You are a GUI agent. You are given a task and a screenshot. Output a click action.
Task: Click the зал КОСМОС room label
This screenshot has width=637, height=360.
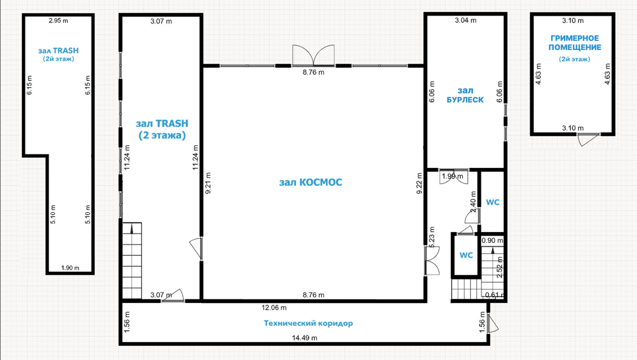point(311,182)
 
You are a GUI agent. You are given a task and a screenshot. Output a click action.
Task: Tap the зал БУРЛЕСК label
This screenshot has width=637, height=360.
point(465,95)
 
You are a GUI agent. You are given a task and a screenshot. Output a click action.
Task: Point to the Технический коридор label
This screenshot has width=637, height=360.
point(308,323)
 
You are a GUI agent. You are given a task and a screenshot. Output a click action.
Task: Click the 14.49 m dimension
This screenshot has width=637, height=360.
point(305,338)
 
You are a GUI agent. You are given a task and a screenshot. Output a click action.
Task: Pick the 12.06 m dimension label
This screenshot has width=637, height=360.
point(274,308)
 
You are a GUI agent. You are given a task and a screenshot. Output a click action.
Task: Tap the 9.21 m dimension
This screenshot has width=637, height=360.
point(208,183)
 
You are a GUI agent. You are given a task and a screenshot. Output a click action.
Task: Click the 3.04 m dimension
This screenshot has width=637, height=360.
point(465,20)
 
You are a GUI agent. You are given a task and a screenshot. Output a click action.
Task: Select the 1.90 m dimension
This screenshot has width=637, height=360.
point(70,268)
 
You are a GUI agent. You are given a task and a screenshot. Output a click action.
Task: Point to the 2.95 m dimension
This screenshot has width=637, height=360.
point(58,20)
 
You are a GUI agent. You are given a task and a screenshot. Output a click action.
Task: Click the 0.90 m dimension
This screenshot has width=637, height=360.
point(492,241)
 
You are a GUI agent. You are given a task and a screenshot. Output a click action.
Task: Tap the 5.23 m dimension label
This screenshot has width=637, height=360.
point(432,237)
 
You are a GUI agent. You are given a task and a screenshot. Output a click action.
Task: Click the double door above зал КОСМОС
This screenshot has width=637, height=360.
point(314,55)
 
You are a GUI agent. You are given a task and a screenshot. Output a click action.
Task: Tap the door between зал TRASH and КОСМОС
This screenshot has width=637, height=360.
point(196,249)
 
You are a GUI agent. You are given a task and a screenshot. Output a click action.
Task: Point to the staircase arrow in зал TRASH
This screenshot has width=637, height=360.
point(132,228)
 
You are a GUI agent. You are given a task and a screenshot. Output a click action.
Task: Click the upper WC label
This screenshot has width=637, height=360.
point(493,202)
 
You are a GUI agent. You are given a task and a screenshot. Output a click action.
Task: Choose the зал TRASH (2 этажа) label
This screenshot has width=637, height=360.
point(162,129)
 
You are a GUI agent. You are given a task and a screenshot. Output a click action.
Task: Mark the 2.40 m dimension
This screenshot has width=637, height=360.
point(473,202)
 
